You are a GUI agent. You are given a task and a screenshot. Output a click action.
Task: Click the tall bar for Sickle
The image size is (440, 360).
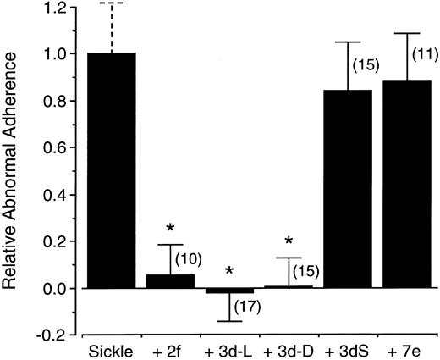click(111, 169)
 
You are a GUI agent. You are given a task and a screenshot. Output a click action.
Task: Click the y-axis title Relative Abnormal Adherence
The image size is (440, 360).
click(14, 169)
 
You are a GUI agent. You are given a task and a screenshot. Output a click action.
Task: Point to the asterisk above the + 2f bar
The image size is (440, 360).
click(169, 229)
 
